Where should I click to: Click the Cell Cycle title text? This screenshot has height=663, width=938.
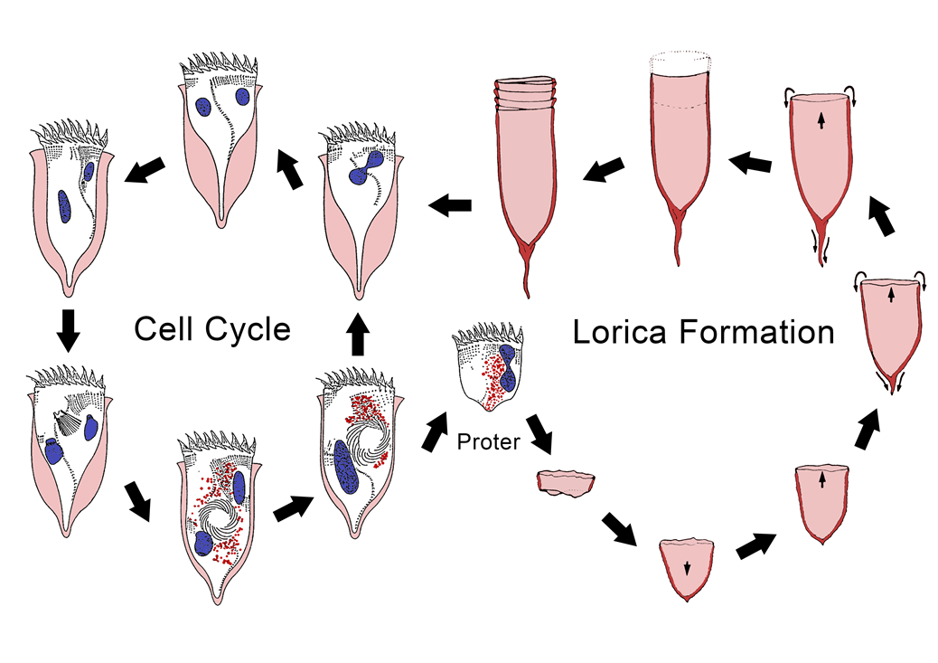(x=212, y=328)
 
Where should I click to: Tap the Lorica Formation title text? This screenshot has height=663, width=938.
(x=703, y=332)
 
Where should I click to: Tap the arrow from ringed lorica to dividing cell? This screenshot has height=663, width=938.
(x=449, y=207)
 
